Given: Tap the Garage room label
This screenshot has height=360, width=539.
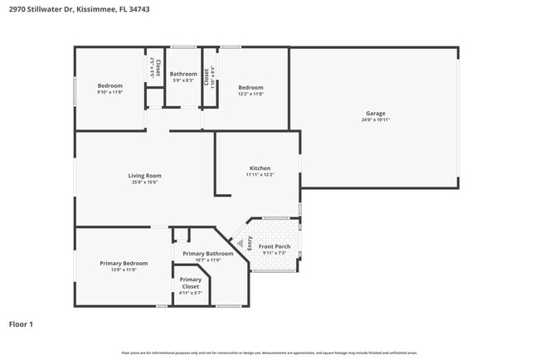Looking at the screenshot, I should click(x=376, y=114).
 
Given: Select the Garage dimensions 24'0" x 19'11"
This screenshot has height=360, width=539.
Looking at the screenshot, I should click(x=376, y=120).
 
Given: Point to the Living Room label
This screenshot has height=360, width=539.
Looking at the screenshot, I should click(x=144, y=175).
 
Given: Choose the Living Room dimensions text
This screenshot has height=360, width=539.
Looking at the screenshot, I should click(x=144, y=182).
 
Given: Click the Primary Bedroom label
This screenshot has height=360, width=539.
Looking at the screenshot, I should click(x=124, y=263).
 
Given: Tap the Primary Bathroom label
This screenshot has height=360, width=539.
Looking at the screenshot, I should click(x=207, y=254).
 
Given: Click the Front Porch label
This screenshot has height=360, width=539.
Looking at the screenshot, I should click(x=274, y=246).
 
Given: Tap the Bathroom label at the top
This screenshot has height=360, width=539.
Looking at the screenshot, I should click(x=183, y=74).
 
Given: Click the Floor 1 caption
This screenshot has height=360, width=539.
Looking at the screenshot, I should click(x=21, y=324).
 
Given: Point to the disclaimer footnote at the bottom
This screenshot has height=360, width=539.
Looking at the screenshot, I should click(x=269, y=353).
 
